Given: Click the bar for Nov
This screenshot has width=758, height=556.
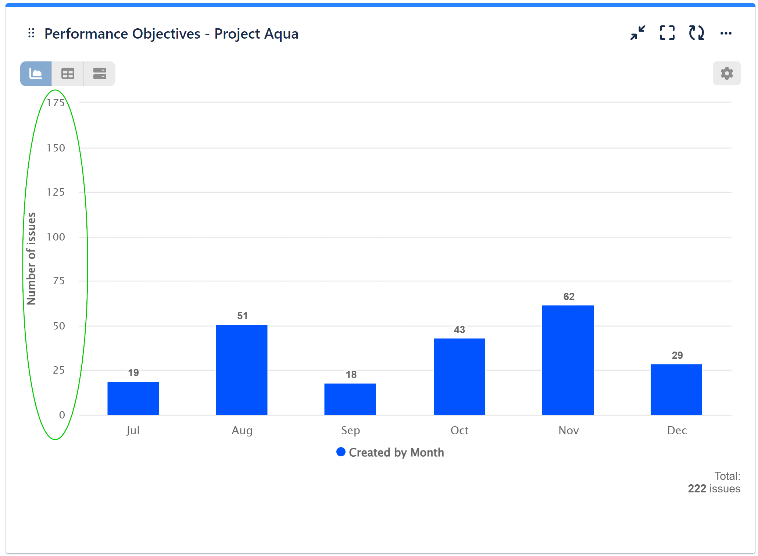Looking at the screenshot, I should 568,360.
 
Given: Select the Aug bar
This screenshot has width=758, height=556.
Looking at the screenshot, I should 242,370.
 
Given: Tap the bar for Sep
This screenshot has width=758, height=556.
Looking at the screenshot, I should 350,399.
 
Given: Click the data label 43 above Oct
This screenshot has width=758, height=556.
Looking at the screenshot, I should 459,330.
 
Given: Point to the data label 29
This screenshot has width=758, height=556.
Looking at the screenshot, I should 677,356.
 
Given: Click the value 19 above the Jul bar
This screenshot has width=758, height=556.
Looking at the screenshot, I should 133,373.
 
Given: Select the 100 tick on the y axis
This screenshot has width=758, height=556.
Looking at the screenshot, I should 56,237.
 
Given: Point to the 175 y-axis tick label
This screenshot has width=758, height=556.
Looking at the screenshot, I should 56,103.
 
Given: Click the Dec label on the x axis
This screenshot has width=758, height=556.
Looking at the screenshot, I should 677,431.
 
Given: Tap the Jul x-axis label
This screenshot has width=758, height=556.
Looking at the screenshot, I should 133,431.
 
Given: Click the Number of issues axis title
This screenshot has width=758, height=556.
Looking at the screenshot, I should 32,259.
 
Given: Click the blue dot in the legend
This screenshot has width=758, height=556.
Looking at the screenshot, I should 341,452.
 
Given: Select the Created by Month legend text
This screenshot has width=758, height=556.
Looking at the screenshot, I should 396,452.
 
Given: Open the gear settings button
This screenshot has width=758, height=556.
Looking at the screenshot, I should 726,74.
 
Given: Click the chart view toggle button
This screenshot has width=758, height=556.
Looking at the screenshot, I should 36,74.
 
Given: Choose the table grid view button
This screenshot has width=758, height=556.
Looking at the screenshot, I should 68,74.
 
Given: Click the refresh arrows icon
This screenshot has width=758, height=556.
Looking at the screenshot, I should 696,33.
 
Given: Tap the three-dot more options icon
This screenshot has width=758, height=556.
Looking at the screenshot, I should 726,33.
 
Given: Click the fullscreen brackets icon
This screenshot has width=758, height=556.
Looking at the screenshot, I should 667,33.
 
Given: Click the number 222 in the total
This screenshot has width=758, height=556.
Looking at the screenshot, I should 697,489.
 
